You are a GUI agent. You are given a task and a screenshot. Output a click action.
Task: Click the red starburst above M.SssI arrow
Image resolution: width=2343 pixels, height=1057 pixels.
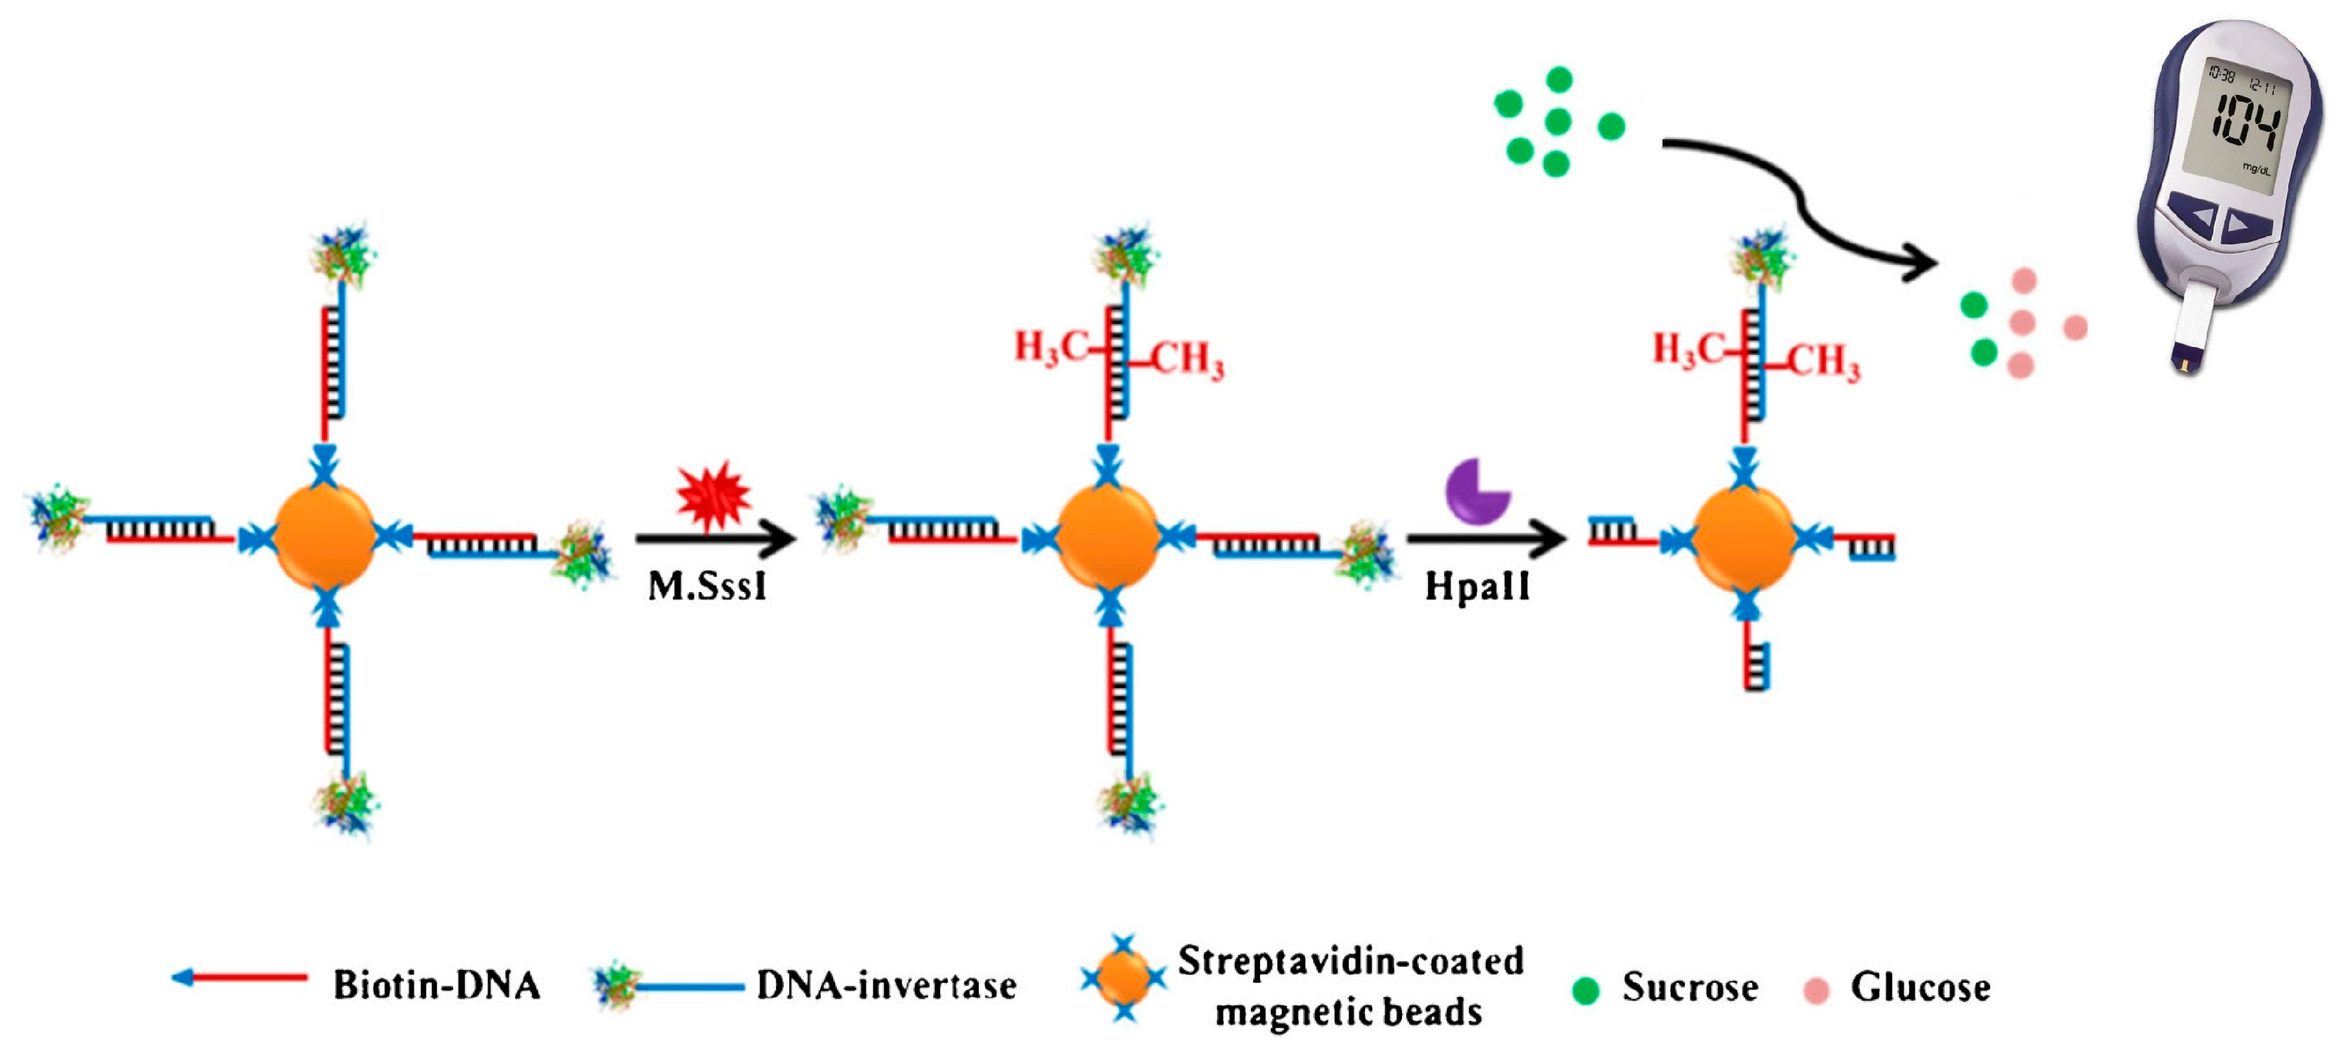point(713,495)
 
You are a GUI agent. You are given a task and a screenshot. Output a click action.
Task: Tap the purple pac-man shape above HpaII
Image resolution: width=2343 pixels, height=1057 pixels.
point(1475,491)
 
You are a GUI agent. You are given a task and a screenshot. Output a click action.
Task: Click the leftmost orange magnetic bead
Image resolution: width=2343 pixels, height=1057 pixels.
point(324,537)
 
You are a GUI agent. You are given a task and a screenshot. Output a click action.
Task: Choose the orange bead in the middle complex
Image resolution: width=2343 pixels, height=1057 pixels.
point(1107,537)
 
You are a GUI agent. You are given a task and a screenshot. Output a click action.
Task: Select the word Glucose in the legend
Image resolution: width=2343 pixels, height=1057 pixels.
point(1920,987)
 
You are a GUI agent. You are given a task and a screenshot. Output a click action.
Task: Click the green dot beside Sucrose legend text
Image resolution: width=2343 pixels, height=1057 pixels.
point(1585,990)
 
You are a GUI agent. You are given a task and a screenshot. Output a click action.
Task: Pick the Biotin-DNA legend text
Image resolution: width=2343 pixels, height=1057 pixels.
point(436,985)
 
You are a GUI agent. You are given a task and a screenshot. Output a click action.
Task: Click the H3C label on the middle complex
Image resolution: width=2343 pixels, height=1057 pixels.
point(1050,348)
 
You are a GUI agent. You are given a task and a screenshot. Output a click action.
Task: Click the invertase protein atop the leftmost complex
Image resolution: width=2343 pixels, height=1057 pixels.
point(344,254)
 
